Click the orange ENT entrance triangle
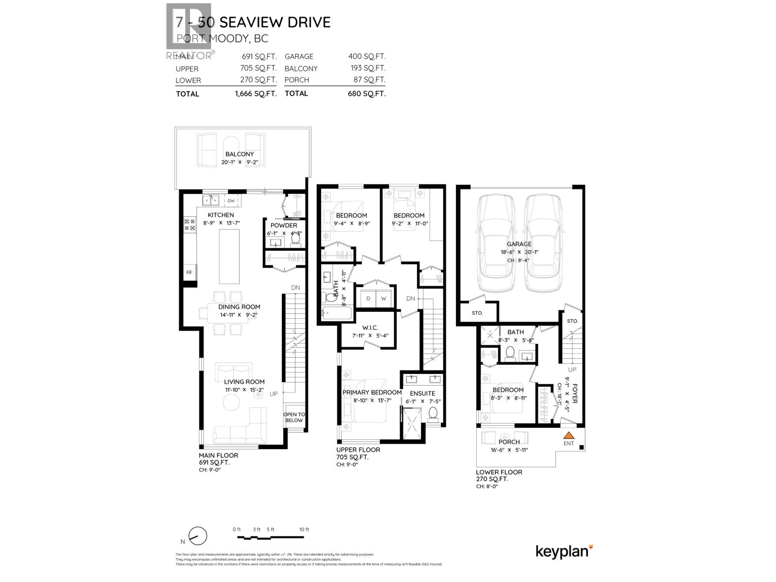[x=568, y=435]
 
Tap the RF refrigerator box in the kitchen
[x=189, y=273]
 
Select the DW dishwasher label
[x=231, y=201]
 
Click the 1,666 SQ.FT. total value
[x=256, y=94]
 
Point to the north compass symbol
[x=197, y=536]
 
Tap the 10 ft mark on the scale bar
[x=304, y=530]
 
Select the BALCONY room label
[x=239, y=154]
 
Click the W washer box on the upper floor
[x=383, y=298]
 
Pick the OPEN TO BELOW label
[x=294, y=418]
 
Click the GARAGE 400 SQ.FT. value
[x=367, y=56]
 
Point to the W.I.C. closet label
[x=370, y=328]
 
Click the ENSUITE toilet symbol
[x=434, y=414]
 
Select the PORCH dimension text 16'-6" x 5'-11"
[x=509, y=450]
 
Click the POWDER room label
[x=284, y=226]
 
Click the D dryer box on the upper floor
[x=368, y=298]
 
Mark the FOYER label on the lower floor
[x=575, y=393]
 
